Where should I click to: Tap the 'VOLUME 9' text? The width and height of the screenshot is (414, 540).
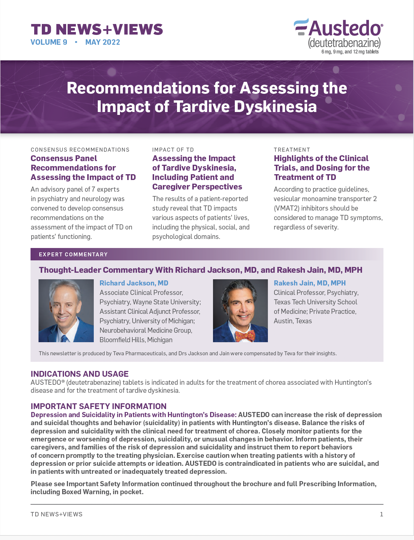[49, 42]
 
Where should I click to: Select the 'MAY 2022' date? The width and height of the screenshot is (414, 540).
[103, 42]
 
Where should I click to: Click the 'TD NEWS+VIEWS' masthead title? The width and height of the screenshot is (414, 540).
[97, 29]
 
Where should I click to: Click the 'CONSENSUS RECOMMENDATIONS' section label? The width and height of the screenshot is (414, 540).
[80, 150]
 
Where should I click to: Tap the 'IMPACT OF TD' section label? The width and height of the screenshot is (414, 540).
[173, 150]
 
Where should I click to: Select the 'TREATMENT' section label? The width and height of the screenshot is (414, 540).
[292, 150]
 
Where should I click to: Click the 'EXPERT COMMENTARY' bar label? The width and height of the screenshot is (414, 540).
[73, 255]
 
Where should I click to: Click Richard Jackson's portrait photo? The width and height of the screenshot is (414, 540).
[66, 311]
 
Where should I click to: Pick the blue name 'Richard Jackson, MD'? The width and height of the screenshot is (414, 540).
[134, 283]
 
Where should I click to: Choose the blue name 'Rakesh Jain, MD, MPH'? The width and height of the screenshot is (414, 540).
[310, 283]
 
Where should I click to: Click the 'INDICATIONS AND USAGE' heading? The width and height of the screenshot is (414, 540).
[80, 374]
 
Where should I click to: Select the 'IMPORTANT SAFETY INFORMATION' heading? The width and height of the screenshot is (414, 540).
[99, 406]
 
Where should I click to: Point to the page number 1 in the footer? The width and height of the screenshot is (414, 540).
[381, 514]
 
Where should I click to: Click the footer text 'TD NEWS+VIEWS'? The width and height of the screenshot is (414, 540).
[56, 514]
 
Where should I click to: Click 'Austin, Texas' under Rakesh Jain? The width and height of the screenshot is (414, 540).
[293, 321]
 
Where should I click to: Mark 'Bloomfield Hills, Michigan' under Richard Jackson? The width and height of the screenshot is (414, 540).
[136, 340]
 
